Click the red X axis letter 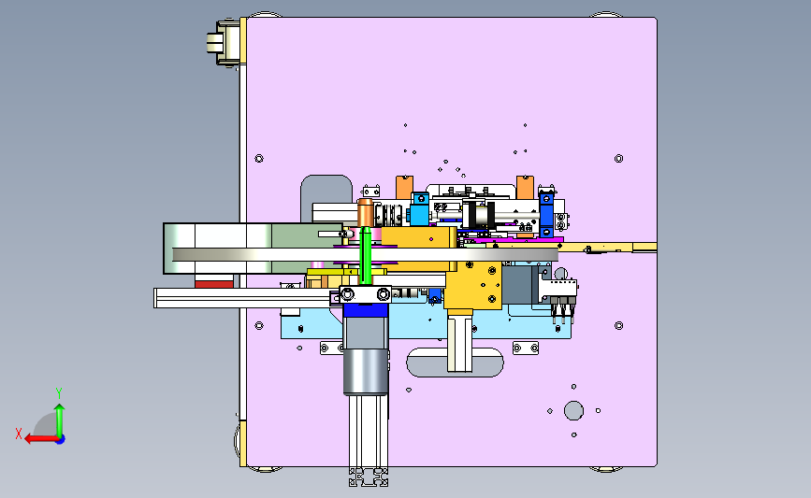point(19,434)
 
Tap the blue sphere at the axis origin point(61,439)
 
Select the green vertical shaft point(365,256)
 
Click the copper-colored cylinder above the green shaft point(365,213)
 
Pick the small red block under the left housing point(214,284)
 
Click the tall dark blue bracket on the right point(546,214)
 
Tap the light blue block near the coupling point(419,208)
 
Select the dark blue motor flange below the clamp point(366,310)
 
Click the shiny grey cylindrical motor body point(366,372)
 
